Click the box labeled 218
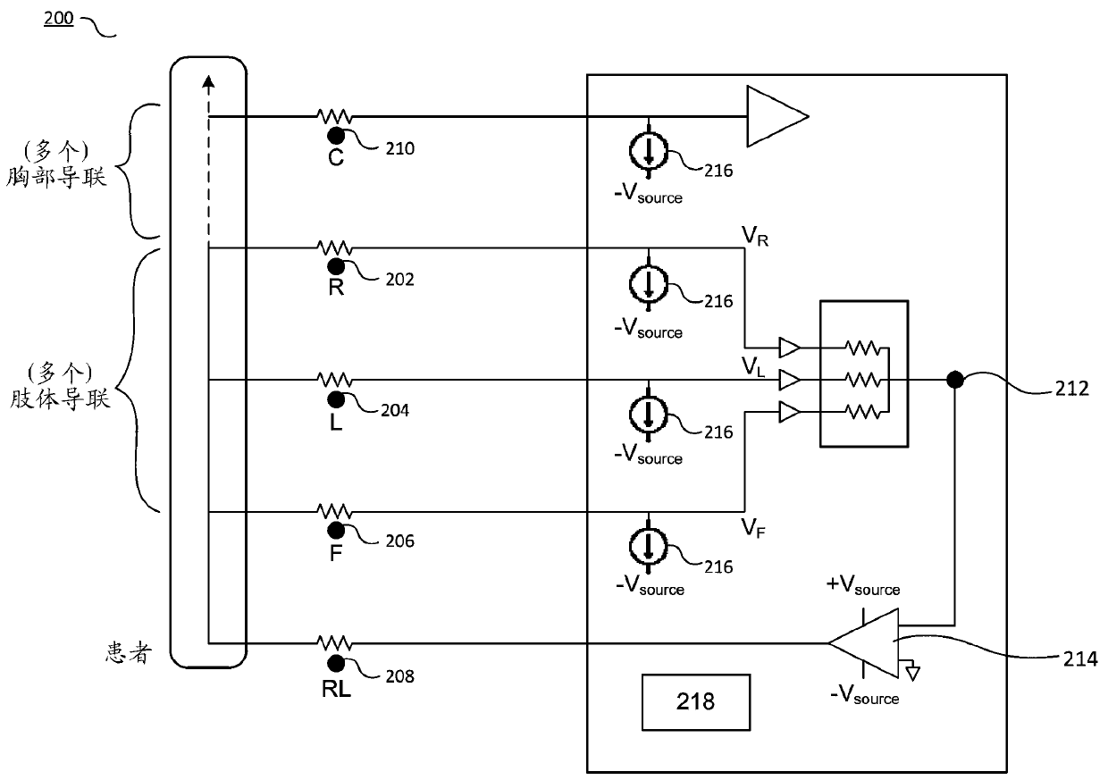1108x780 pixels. coord(695,702)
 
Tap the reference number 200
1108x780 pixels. coord(58,18)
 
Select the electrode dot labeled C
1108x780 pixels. coord(336,136)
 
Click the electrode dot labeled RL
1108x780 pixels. coord(336,663)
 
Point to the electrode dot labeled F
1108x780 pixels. coord(336,531)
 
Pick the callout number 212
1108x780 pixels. coord(1072,389)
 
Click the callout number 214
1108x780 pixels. coord(1080,659)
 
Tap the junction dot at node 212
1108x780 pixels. coord(954,380)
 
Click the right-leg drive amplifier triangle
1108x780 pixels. coord(863,643)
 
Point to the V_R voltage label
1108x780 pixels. coord(755,236)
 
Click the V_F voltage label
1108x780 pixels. coord(753,528)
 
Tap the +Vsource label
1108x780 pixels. coord(863,585)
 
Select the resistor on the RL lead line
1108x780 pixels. coord(335,643)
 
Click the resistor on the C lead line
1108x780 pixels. coord(335,117)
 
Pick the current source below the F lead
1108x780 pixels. coord(649,547)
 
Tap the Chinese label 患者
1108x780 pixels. coord(127,653)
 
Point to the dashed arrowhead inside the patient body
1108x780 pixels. coord(209,81)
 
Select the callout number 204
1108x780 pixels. coord(395,410)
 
